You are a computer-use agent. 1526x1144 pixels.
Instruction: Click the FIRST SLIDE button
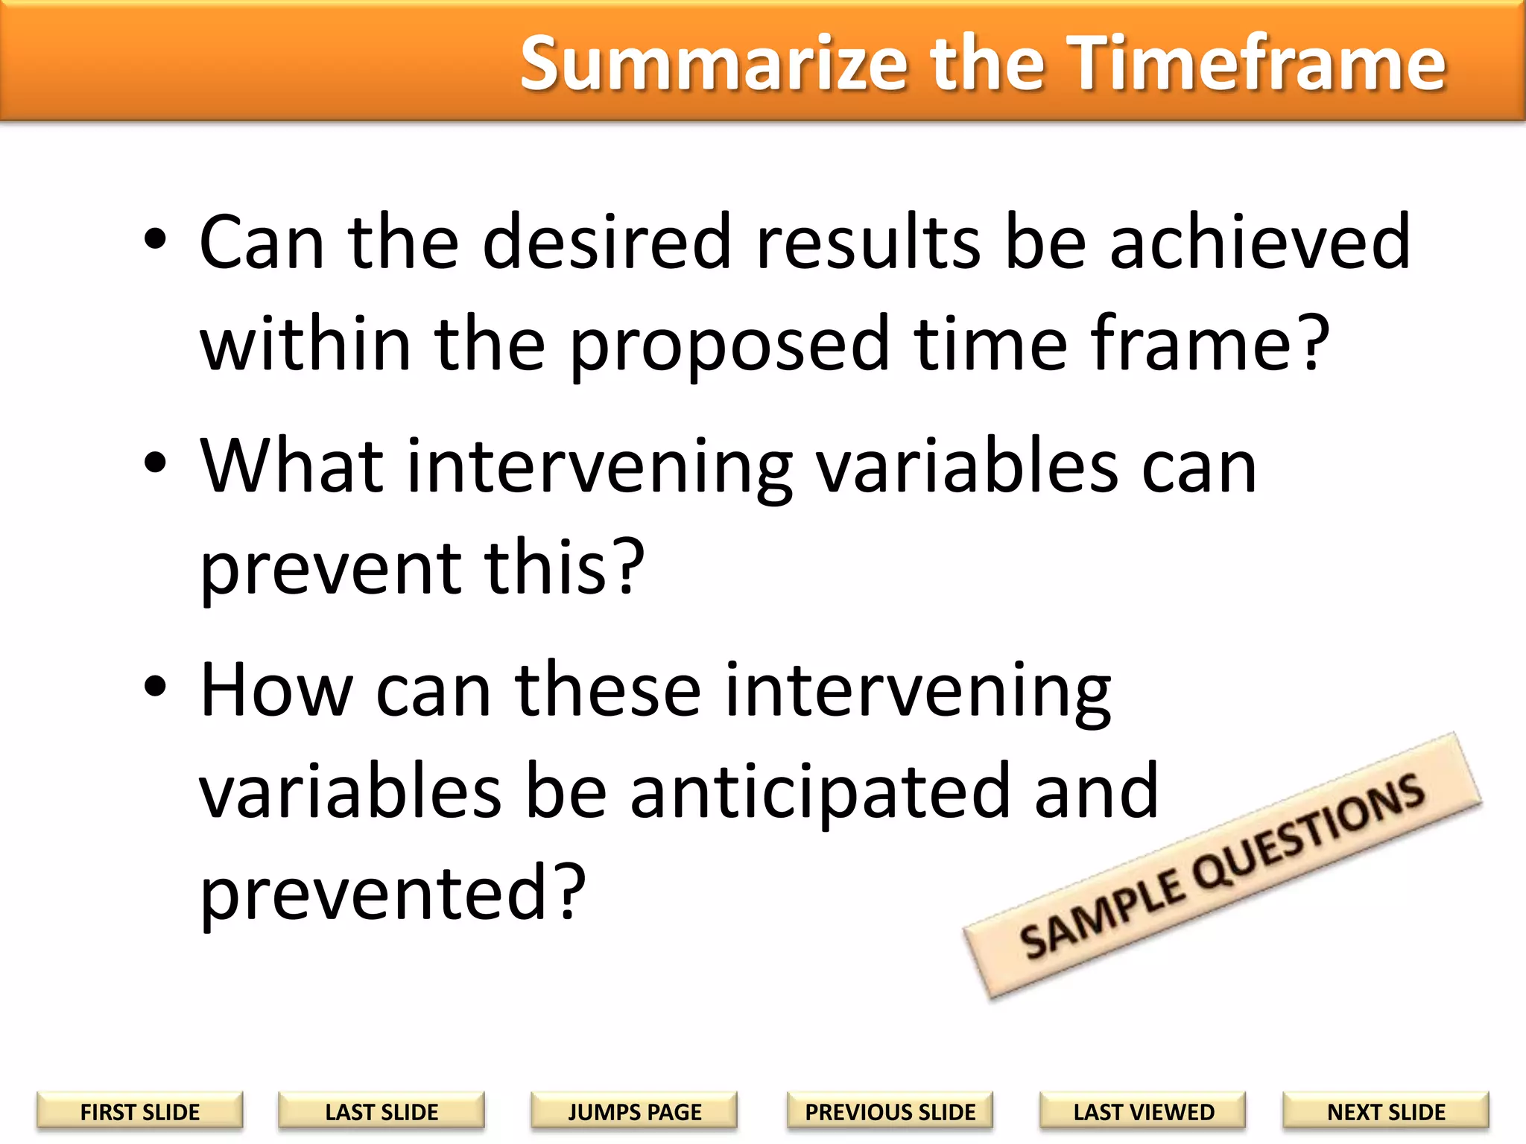(139, 1111)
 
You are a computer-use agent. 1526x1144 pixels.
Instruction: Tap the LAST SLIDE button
(381, 1111)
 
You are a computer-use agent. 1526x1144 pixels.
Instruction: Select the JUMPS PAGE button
(634, 1111)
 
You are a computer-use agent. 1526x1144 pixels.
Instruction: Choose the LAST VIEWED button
(1143, 1111)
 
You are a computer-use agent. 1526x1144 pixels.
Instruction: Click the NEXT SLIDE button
(1386, 1111)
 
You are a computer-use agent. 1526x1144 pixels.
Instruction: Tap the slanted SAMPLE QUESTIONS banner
(1222, 866)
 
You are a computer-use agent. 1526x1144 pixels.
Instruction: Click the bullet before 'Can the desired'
(156, 240)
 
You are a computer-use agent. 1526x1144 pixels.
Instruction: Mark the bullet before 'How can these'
(156, 687)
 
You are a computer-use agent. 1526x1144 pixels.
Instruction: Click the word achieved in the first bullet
(1259, 241)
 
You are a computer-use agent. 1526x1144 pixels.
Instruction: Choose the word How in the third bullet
(276, 690)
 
